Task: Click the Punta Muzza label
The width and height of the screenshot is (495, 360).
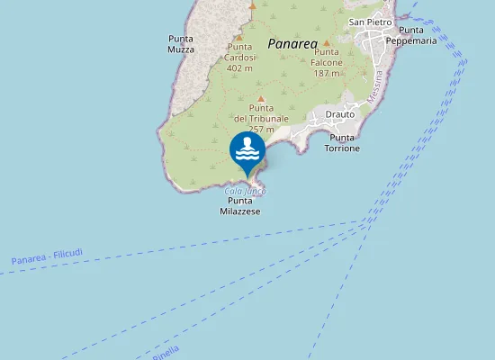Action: [181, 44]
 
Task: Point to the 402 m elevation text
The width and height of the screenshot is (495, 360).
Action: [239, 67]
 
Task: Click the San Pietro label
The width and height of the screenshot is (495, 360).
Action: [369, 21]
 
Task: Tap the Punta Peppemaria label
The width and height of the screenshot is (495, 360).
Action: [411, 35]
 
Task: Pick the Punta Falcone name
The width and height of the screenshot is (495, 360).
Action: [327, 58]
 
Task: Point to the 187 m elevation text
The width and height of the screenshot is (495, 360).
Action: [327, 73]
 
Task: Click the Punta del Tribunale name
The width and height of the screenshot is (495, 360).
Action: [261, 113]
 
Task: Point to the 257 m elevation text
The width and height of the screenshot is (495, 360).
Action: [261, 130]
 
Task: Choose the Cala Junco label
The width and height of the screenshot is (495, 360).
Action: [245, 191]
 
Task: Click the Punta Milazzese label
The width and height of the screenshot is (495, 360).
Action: [240, 206]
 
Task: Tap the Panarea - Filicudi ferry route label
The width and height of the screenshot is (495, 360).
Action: [47, 257]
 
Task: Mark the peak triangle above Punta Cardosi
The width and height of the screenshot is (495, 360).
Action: [252, 5]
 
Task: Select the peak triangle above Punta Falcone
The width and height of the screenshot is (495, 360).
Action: [327, 42]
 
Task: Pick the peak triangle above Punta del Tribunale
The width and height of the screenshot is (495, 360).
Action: [261, 99]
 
